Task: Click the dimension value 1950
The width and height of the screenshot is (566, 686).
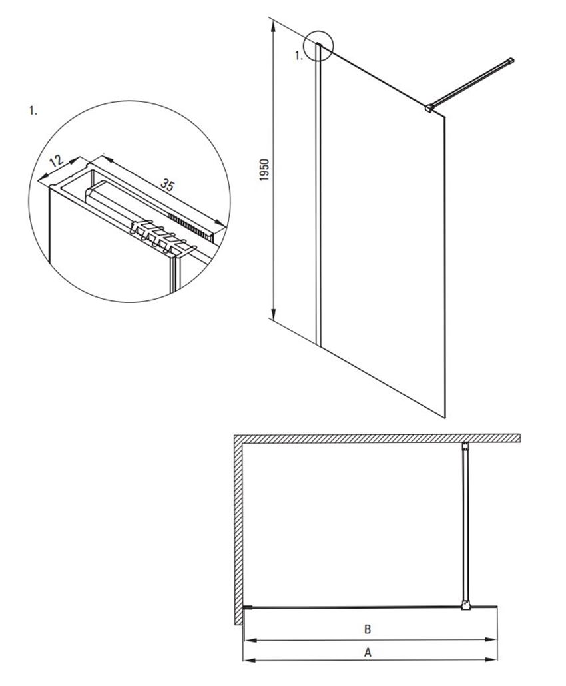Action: click(264, 171)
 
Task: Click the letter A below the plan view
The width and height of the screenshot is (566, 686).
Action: click(368, 652)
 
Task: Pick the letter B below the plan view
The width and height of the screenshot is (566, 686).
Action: click(367, 629)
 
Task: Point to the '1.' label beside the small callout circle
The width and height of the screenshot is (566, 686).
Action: click(299, 57)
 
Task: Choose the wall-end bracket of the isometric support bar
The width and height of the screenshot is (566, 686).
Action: click(511, 61)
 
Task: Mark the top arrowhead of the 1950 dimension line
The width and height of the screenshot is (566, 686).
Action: click(274, 25)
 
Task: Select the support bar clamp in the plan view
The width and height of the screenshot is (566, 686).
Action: click(465, 605)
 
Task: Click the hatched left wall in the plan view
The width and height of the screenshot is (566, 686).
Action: click(237, 526)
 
